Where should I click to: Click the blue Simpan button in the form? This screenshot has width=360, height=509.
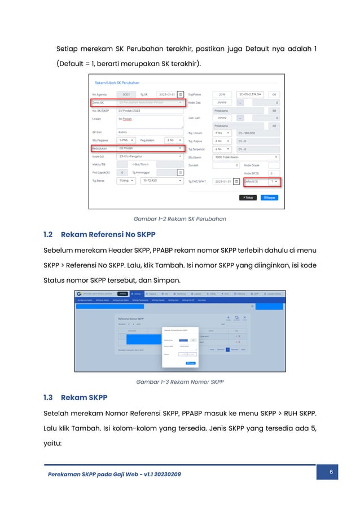point(270,198)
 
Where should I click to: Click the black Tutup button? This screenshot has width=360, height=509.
point(248,198)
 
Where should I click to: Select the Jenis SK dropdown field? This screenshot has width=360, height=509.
point(150,103)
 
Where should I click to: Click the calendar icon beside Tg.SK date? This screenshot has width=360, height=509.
point(181,94)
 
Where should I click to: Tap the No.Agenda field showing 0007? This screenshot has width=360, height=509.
point(126,94)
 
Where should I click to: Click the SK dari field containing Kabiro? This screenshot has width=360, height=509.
point(150,132)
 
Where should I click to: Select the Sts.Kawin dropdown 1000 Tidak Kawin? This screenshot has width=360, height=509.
point(246,157)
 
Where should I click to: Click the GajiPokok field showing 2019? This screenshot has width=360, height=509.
point(221,94)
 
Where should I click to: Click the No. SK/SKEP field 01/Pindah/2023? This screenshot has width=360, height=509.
point(150,111)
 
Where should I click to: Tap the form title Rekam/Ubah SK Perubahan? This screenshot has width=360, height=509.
point(116,83)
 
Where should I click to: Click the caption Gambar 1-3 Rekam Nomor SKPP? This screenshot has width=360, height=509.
point(179,382)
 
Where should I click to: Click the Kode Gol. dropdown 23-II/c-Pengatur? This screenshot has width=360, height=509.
point(150,157)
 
